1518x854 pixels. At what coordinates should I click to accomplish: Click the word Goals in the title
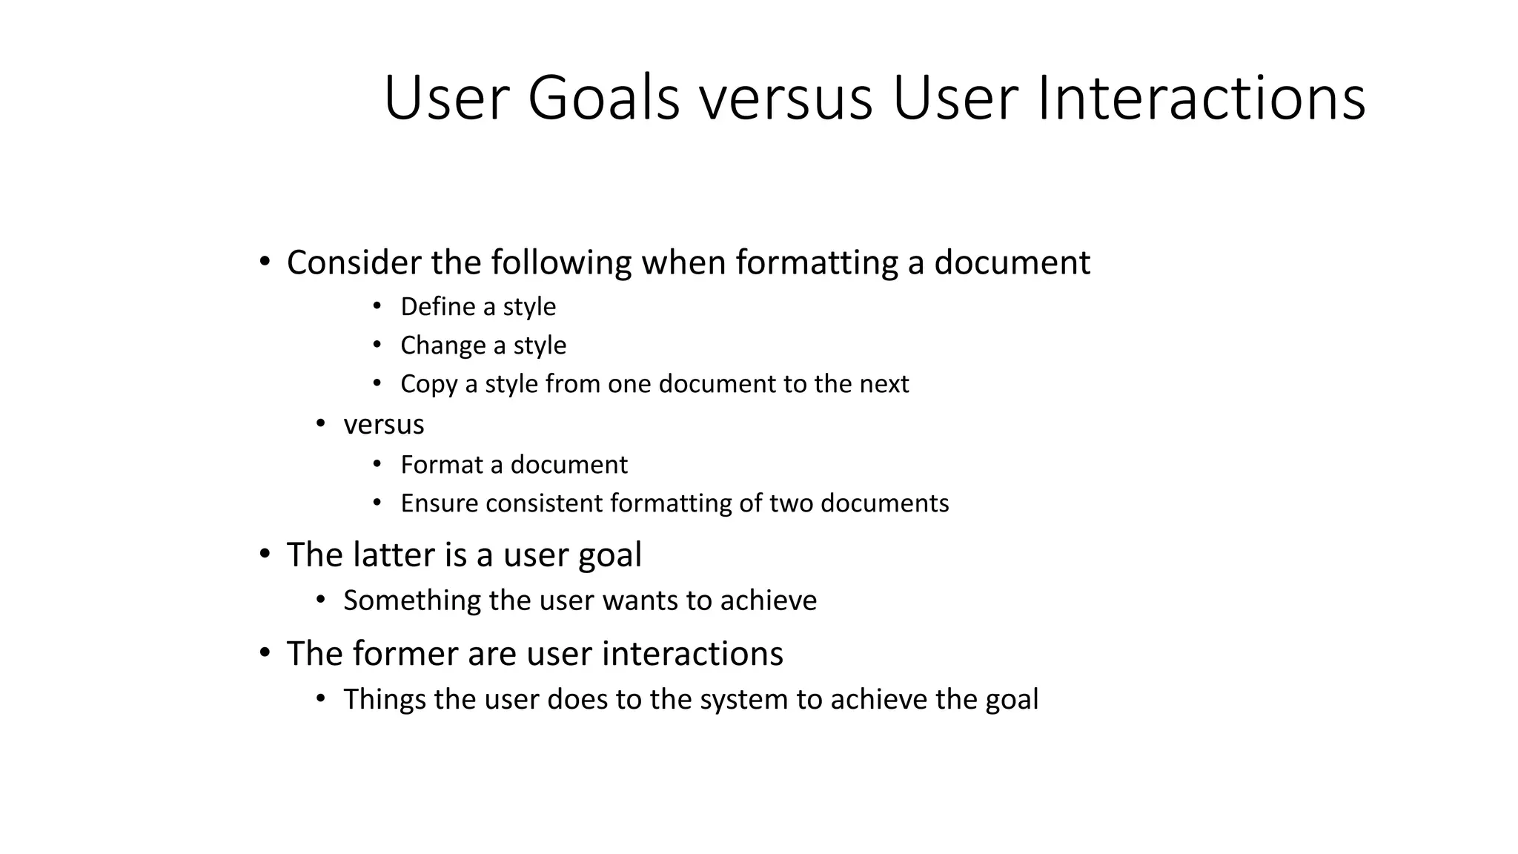pos(603,99)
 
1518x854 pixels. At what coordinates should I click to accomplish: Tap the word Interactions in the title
pos(1202,99)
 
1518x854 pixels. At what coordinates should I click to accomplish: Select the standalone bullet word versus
pos(384,425)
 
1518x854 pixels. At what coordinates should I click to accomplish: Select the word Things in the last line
pos(385,700)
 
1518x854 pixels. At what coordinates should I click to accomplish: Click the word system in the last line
pos(744,700)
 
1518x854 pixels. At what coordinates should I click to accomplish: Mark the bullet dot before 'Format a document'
pos(377,464)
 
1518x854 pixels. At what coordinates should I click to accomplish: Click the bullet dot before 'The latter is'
pos(265,554)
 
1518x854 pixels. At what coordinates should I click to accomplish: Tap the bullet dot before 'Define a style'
pos(377,305)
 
